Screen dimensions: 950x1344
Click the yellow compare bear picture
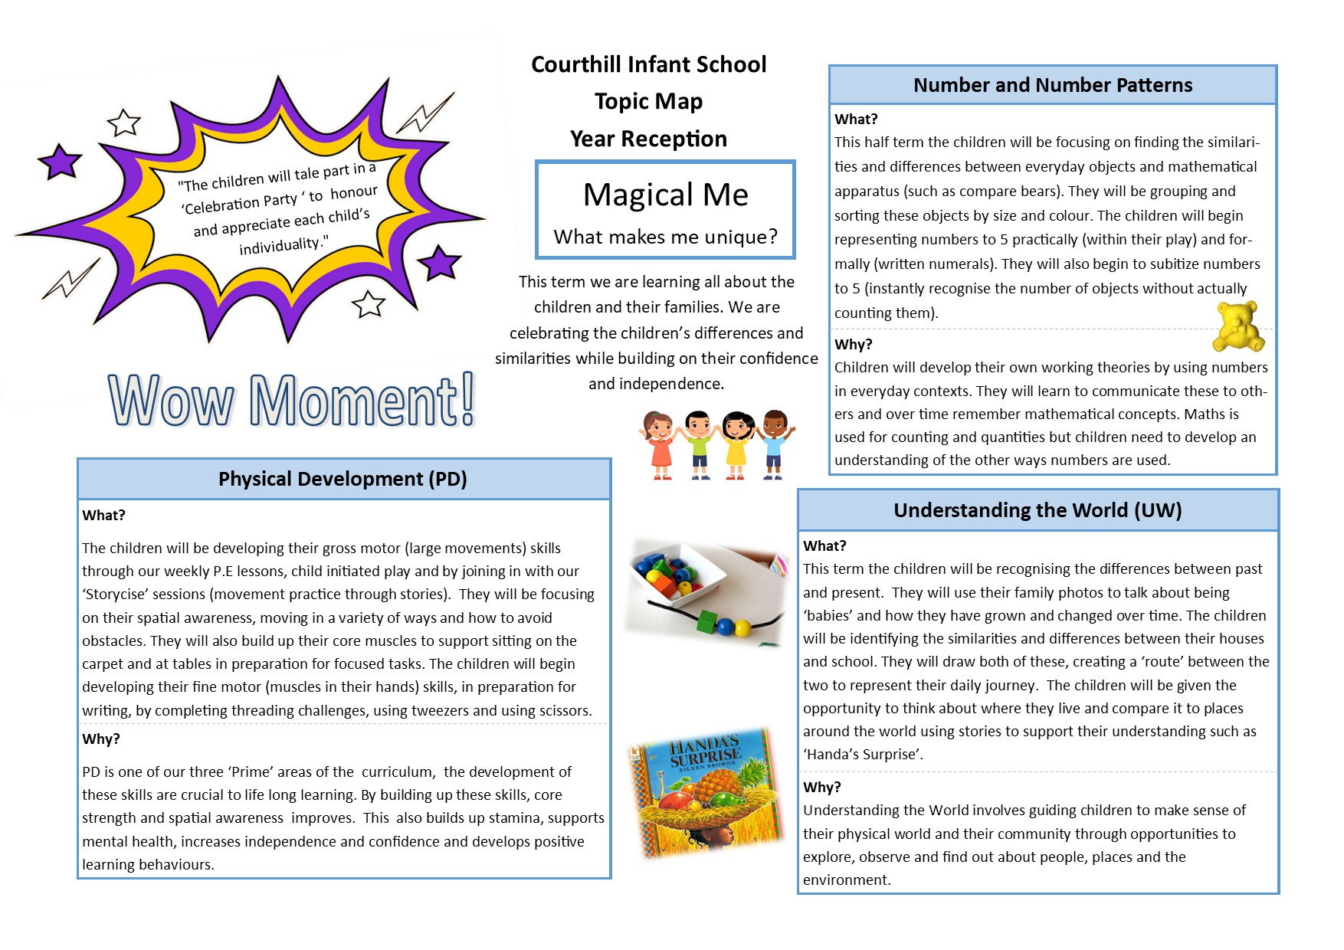[1237, 326]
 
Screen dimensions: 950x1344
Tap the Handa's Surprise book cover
[705, 792]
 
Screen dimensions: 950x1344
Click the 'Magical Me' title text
[665, 195]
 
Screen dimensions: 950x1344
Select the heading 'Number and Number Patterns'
[1052, 85]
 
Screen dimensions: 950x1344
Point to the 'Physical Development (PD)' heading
[343, 479]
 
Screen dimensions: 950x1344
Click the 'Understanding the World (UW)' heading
[1038, 510]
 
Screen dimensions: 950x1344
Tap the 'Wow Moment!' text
[291, 400]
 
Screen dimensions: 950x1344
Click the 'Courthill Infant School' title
[648, 64]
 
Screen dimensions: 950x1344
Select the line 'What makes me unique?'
[665, 237]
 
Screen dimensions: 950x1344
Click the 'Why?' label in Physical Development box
[101, 739]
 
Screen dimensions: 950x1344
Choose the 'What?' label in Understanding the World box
[824, 545]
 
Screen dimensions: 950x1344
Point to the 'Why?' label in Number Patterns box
[854, 345]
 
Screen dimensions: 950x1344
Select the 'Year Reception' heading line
[648, 139]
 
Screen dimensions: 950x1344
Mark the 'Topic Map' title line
[648, 101]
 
